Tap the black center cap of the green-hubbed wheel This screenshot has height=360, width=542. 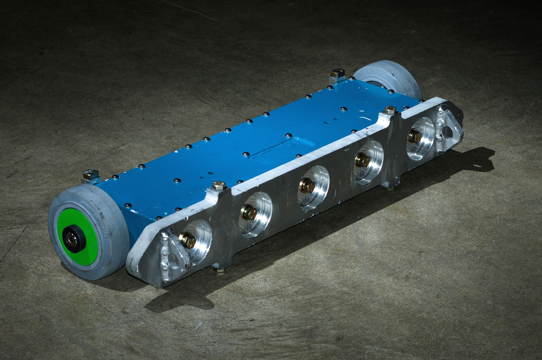click(73, 239)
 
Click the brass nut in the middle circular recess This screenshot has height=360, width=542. click(307, 186)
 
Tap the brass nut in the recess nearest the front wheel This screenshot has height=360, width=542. click(188, 240)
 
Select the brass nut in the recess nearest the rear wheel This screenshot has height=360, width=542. click(415, 136)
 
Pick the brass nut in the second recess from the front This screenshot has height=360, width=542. click(249, 213)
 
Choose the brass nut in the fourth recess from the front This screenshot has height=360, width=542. click(363, 160)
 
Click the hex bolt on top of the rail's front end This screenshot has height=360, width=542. click(219, 186)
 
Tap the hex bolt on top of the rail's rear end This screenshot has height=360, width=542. click(390, 110)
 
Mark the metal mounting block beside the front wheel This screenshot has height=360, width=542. click(91, 176)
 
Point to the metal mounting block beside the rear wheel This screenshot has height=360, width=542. click(338, 75)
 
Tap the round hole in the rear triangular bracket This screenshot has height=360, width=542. click(447, 132)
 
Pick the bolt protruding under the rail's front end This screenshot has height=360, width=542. click(220, 269)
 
